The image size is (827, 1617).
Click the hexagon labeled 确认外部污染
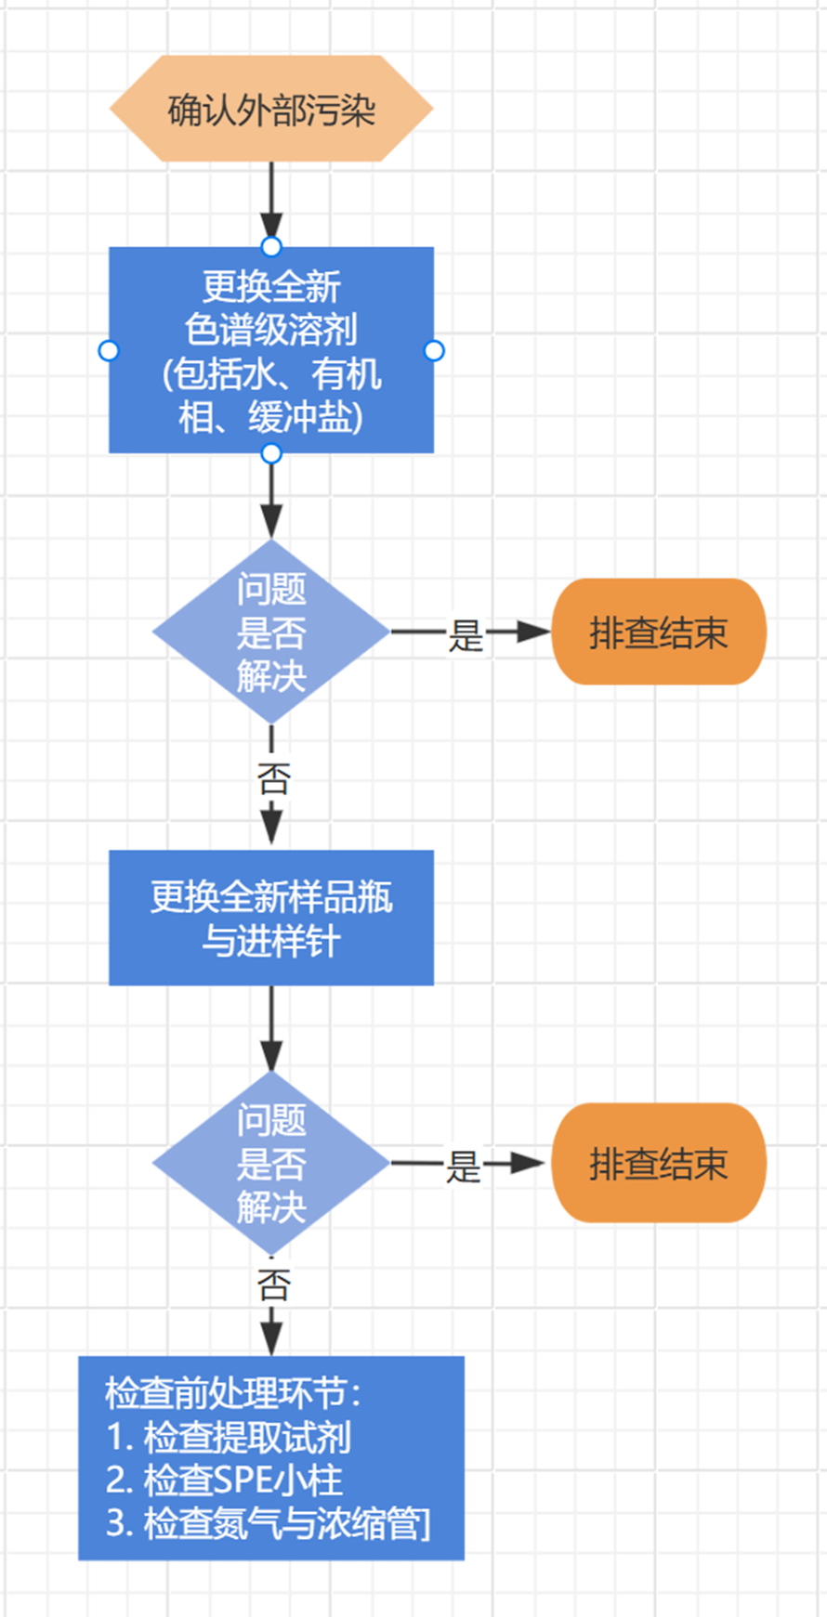(x=270, y=109)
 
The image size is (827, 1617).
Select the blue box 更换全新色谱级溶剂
(x=270, y=350)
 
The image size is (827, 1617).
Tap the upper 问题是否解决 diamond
(x=270, y=632)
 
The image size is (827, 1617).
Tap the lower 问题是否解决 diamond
(x=270, y=1163)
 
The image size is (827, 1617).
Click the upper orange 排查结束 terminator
(x=658, y=632)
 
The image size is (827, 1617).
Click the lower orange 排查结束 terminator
(x=658, y=1163)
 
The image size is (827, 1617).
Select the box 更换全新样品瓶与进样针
(x=270, y=918)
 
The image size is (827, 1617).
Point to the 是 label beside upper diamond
(x=466, y=634)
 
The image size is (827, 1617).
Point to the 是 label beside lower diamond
(x=463, y=1166)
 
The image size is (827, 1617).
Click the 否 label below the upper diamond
(x=273, y=778)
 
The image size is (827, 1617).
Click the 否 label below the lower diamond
(x=273, y=1284)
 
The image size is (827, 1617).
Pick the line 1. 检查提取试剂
(x=229, y=1437)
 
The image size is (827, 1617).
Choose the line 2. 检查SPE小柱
(x=224, y=1480)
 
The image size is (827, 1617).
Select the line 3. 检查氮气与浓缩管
(x=268, y=1523)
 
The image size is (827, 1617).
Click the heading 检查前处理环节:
(x=232, y=1393)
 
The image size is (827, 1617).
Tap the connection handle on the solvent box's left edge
(x=109, y=350)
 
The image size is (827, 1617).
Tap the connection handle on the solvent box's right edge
(x=434, y=350)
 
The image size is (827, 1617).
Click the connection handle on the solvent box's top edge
(x=270, y=246)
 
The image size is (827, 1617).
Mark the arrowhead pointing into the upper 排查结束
(x=533, y=632)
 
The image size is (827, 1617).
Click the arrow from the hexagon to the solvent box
(x=270, y=200)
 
